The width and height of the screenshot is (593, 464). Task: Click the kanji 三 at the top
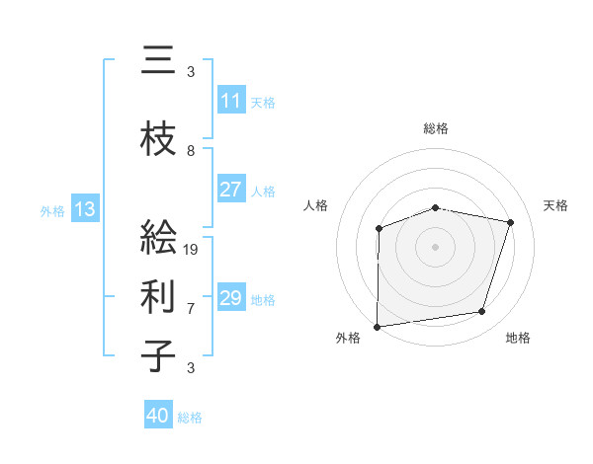(159, 61)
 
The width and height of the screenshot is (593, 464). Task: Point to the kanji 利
(159, 296)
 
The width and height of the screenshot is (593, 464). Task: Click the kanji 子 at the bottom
(159, 356)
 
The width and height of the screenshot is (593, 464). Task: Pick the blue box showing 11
(231, 102)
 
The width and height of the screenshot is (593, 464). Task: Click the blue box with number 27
(231, 190)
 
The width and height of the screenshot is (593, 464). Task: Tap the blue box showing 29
(231, 298)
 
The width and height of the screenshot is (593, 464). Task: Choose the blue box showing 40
(158, 416)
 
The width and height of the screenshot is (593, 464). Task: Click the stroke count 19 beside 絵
(191, 249)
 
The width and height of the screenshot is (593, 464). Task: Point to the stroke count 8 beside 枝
(191, 150)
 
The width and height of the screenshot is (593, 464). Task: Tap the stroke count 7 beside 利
(191, 308)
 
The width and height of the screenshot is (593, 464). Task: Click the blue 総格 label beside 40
(190, 418)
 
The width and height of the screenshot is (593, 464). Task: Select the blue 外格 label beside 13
(51, 210)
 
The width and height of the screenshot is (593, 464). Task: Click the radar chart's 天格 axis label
(556, 205)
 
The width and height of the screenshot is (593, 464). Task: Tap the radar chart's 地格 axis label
(518, 338)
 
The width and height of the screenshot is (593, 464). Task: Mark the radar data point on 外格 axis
(378, 327)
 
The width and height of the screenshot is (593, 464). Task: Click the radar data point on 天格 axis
(511, 222)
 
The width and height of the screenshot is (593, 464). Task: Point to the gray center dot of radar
(435, 246)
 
